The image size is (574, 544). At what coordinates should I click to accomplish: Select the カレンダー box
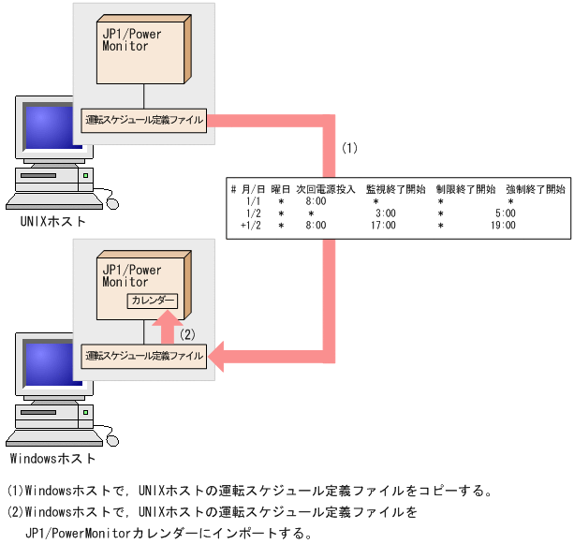pyautogui.click(x=153, y=301)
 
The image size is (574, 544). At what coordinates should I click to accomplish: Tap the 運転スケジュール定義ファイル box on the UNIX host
pyautogui.click(x=143, y=120)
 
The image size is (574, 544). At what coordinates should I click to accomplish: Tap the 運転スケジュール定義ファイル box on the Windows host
pyautogui.click(x=143, y=356)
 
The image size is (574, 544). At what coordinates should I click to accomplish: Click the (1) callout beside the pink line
pyautogui.click(x=349, y=148)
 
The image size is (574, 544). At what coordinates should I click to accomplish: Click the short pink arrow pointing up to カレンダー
pyautogui.click(x=166, y=329)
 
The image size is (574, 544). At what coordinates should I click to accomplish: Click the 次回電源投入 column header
pyautogui.click(x=325, y=189)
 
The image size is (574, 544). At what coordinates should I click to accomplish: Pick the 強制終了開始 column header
pyautogui.click(x=535, y=189)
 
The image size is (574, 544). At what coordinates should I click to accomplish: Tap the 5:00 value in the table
pyautogui.click(x=506, y=213)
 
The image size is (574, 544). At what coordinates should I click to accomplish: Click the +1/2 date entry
pyautogui.click(x=251, y=225)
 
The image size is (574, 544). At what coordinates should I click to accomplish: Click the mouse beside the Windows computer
pyautogui.click(x=112, y=437)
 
